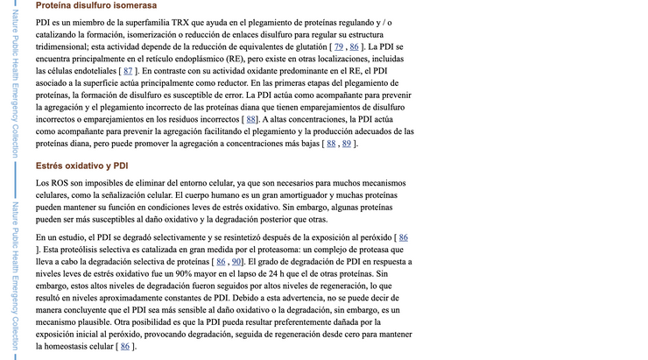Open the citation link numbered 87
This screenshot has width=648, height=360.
coord(130,70)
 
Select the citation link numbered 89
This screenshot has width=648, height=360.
coord(347,144)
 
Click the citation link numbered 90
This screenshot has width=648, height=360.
coord(236,261)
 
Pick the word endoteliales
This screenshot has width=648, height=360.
coord(90,70)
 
